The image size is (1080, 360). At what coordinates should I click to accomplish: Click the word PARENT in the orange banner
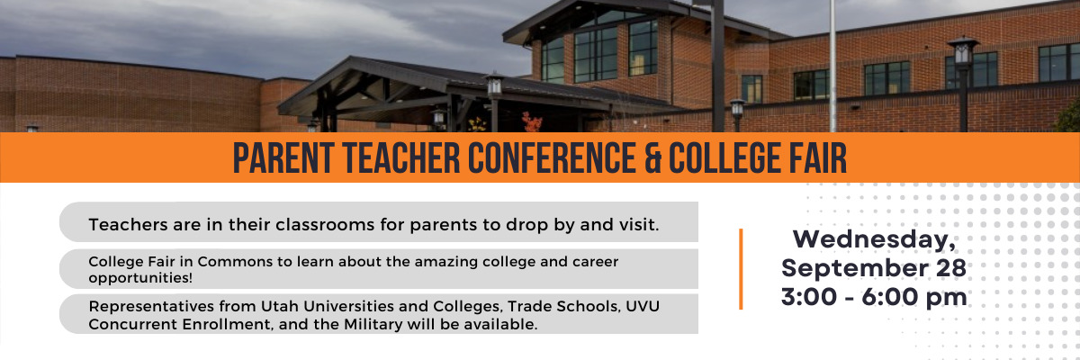tap(284, 157)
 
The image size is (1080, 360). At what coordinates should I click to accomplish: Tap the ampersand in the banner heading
tap(652, 157)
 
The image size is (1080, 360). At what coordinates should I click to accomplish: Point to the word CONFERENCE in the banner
tap(553, 157)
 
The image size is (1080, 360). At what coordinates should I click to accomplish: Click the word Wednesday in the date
tap(874, 239)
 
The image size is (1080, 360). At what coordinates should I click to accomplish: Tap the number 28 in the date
tap(950, 268)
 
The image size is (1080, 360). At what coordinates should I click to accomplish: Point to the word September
tap(855, 269)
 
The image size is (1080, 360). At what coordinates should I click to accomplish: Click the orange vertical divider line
tap(741, 269)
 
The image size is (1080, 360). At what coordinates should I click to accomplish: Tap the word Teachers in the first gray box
tap(128, 225)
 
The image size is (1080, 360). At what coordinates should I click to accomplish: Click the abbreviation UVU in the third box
tap(643, 307)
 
